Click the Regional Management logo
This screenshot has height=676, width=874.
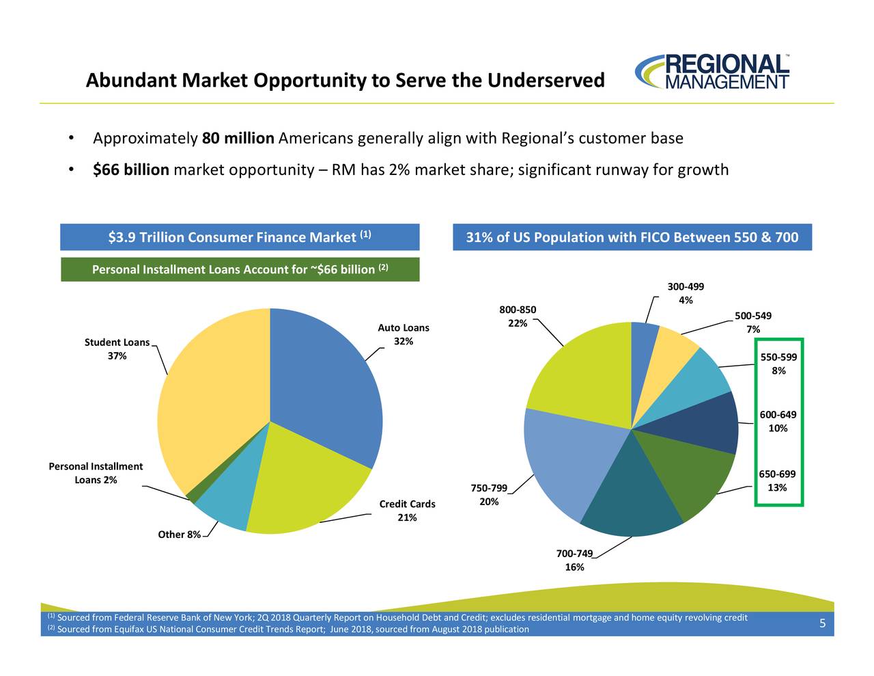pyautogui.click(x=712, y=72)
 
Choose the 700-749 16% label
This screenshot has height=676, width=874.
pyautogui.click(x=574, y=560)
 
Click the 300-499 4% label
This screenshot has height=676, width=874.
pyautogui.click(x=686, y=293)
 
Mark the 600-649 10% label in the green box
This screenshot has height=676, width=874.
pyautogui.click(x=778, y=422)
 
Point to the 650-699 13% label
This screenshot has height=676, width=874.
pyautogui.click(x=777, y=481)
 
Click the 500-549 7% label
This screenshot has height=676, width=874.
pyautogui.click(x=753, y=323)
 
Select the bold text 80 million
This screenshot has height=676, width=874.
pyautogui.click(x=238, y=139)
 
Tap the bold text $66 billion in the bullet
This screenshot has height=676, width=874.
pyautogui.click(x=131, y=170)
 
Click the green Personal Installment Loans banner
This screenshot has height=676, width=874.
pyautogui.click(x=240, y=269)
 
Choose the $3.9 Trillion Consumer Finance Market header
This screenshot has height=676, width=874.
pyautogui.click(x=240, y=237)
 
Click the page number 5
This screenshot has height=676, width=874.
pyautogui.click(x=822, y=623)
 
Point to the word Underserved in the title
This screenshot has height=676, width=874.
pyautogui.click(x=546, y=81)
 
